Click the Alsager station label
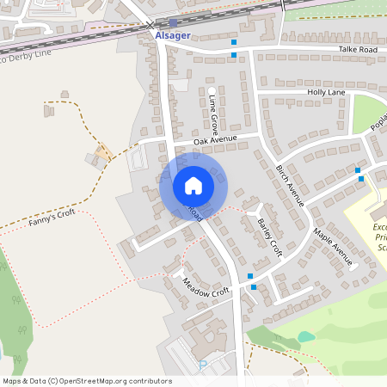[x=172, y=36]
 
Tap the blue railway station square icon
[x=174, y=23]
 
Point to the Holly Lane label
[x=326, y=92]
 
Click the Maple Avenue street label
[x=334, y=246]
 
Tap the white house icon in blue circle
[x=193, y=186]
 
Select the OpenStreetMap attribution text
[x=87, y=381]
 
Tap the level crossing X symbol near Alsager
[x=151, y=25]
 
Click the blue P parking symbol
[x=203, y=365]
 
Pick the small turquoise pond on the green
[x=306, y=336]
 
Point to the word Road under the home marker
[x=194, y=213]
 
